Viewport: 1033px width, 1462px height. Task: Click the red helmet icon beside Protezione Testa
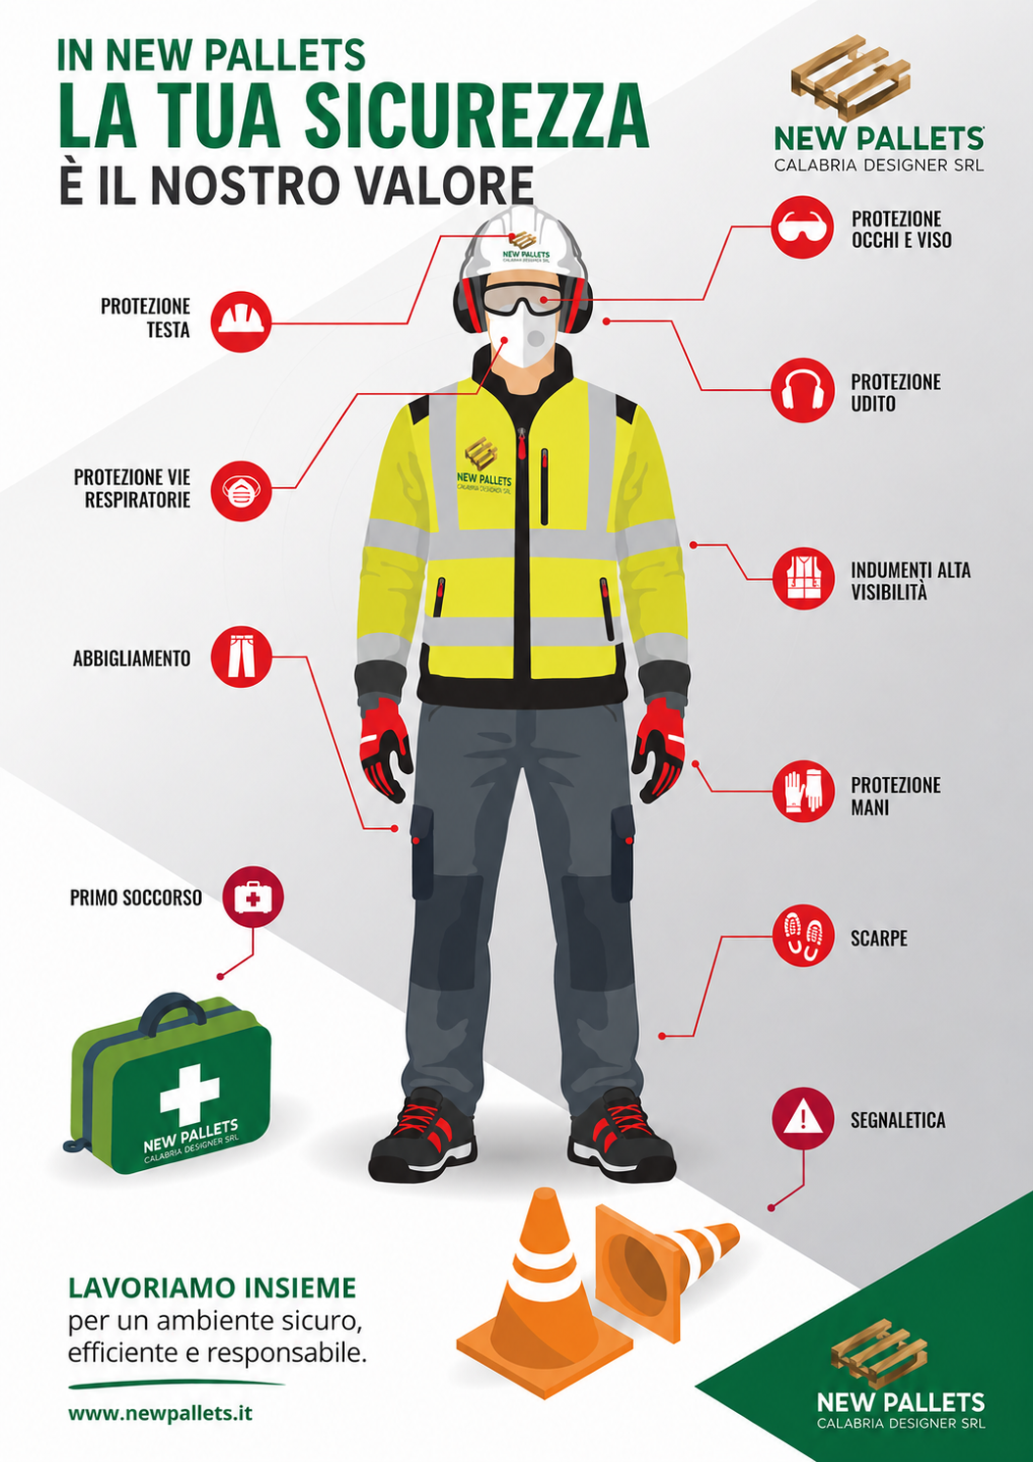pyautogui.click(x=241, y=321)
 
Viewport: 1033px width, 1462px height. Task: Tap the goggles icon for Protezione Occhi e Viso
pyautogui.click(x=803, y=227)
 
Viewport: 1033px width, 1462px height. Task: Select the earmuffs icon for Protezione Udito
pyautogui.click(x=803, y=390)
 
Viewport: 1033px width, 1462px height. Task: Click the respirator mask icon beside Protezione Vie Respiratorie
pyautogui.click(x=241, y=490)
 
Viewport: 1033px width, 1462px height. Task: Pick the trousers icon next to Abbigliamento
pyautogui.click(x=241, y=657)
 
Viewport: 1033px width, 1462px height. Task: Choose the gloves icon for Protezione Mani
pyautogui.click(x=803, y=791)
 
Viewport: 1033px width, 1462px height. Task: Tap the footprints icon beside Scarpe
pyautogui.click(x=803, y=936)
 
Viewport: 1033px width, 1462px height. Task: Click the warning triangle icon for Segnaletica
pyautogui.click(x=803, y=1118)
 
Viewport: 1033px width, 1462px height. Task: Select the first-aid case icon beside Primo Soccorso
pyautogui.click(x=254, y=898)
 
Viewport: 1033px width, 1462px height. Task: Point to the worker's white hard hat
pyautogui.click(x=521, y=245)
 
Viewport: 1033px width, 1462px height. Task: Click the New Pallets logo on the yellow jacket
pyautogui.click(x=484, y=464)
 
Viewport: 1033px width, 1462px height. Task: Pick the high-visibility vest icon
pyautogui.click(x=803, y=578)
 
